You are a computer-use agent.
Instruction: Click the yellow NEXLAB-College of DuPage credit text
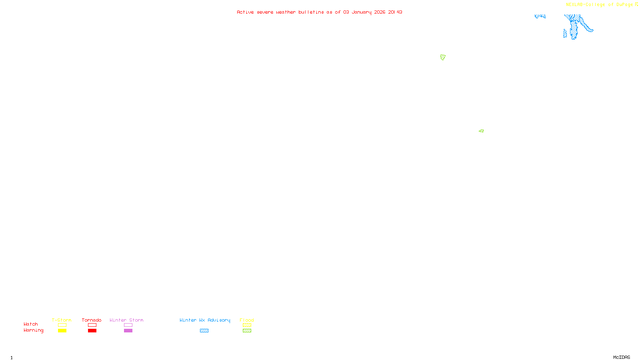click(x=599, y=5)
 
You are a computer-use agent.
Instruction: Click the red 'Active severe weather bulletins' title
click(x=319, y=12)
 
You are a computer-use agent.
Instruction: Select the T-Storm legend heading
click(x=62, y=320)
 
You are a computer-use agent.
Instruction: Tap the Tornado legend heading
click(x=92, y=320)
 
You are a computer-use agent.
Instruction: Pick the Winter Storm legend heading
click(x=126, y=320)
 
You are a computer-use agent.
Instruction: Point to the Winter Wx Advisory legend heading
click(x=205, y=320)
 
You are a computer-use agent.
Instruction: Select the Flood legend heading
click(x=247, y=320)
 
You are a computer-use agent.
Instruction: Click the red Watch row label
click(x=31, y=324)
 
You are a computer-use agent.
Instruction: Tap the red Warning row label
click(x=34, y=330)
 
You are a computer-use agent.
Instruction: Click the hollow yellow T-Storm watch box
click(x=62, y=325)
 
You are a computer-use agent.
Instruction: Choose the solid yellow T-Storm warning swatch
click(x=62, y=331)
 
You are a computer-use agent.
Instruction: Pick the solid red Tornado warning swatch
click(x=92, y=331)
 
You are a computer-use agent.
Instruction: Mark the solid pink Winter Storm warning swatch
click(x=128, y=331)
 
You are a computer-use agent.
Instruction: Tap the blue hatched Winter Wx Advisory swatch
click(x=204, y=331)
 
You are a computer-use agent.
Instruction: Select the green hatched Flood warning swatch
click(x=247, y=331)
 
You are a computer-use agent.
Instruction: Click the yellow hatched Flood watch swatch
click(x=247, y=325)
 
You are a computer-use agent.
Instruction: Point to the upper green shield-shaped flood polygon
click(x=443, y=57)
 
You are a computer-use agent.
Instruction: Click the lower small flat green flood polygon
click(x=481, y=131)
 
